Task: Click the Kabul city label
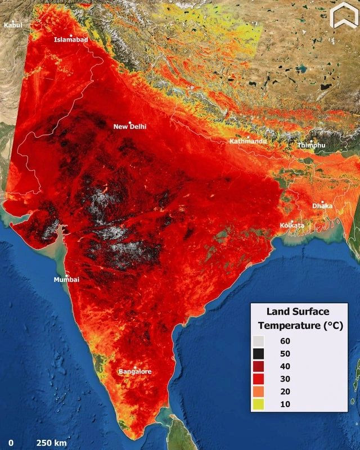coord(13,25)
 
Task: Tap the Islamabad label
coord(71,39)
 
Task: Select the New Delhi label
coord(130,127)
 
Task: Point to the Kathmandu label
coord(248,141)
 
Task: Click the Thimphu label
coord(311,145)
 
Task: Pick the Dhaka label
coord(322,206)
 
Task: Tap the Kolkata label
coord(292,226)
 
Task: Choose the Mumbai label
coord(66,280)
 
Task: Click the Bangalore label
coord(135,371)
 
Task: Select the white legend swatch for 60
coord(258,341)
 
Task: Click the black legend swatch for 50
coord(258,353)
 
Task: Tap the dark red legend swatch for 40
coord(258,366)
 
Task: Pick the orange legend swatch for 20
coord(258,392)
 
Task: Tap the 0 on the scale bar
coord(11,442)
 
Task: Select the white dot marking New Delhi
coord(130,122)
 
